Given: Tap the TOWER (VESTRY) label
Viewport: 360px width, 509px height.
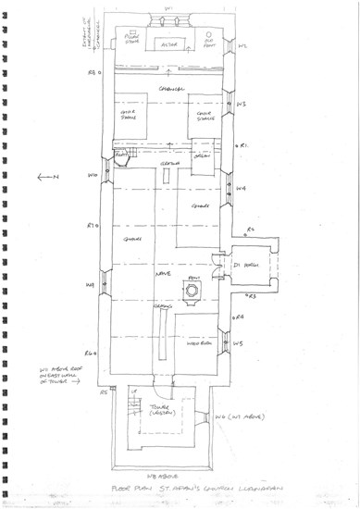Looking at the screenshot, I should click(x=166, y=409).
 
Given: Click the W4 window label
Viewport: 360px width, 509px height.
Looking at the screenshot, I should click(x=240, y=188).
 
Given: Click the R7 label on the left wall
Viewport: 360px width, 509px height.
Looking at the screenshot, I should click(x=92, y=225).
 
